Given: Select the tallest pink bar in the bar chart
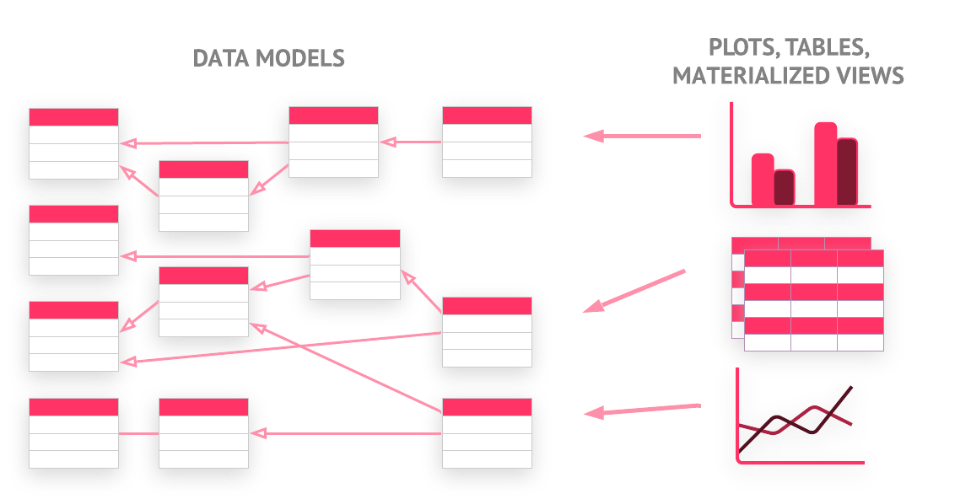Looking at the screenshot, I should click(x=826, y=164).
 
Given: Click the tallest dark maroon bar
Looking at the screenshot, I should click(x=847, y=172).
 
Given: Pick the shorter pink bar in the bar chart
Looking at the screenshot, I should click(x=763, y=179).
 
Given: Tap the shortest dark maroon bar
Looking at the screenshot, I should click(x=784, y=187).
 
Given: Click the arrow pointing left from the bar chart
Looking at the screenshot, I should click(x=641, y=136).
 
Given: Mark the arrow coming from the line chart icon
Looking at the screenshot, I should click(x=642, y=410).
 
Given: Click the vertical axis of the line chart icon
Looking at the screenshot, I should click(x=738, y=413).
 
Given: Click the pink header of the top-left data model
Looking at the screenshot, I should click(x=73, y=117).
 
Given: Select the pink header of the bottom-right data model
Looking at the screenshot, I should click(x=487, y=407).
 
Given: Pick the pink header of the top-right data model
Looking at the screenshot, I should click(x=487, y=115).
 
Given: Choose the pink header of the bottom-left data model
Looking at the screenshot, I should click(x=73, y=407).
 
